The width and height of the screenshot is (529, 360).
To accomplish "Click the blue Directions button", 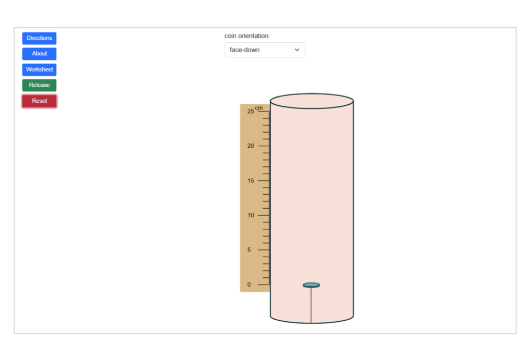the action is [x=39, y=38].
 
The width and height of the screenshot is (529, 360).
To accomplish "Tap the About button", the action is [x=39, y=54].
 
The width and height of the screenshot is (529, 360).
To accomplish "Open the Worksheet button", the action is [x=39, y=70].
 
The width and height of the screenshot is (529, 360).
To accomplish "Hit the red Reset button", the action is [x=39, y=101].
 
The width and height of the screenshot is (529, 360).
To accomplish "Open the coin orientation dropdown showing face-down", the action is [x=265, y=50].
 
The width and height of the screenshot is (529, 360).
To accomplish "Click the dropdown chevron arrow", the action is [x=297, y=50].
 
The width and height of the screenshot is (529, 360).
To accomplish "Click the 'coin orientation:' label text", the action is [x=247, y=36].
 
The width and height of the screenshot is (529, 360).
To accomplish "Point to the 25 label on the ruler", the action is [x=251, y=112].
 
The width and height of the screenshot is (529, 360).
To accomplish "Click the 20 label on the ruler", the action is [x=251, y=146].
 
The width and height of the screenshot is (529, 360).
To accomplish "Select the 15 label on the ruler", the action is [x=251, y=180].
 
